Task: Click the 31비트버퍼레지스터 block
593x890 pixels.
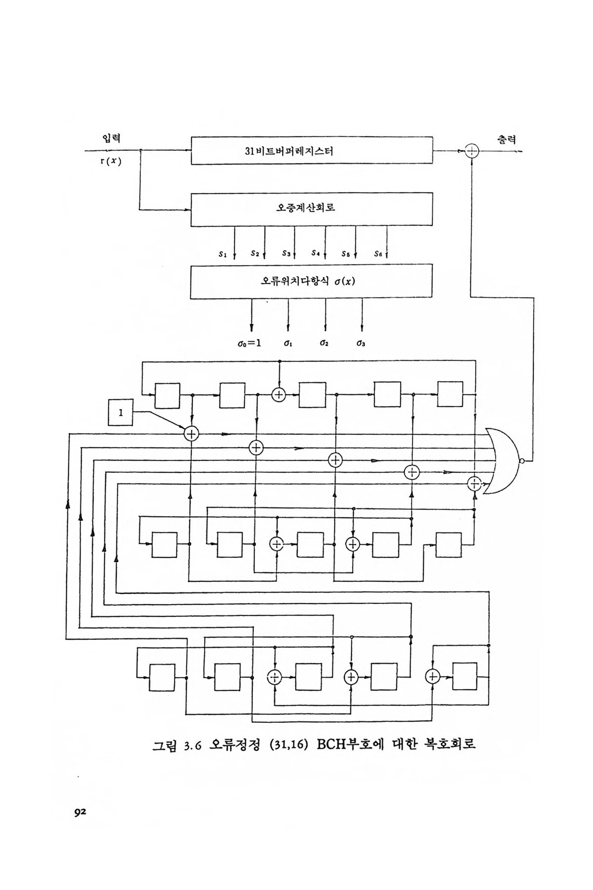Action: click(x=312, y=151)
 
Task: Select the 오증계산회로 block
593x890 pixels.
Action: click(x=312, y=209)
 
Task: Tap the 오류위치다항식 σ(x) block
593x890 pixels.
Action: click(x=312, y=281)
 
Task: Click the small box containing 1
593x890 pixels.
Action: click(x=121, y=413)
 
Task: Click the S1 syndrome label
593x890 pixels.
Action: click(x=222, y=254)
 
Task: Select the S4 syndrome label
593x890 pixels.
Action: click(x=316, y=253)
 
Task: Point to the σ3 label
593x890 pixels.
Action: click(x=361, y=342)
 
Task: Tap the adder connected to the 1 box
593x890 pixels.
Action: click(x=191, y=434)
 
